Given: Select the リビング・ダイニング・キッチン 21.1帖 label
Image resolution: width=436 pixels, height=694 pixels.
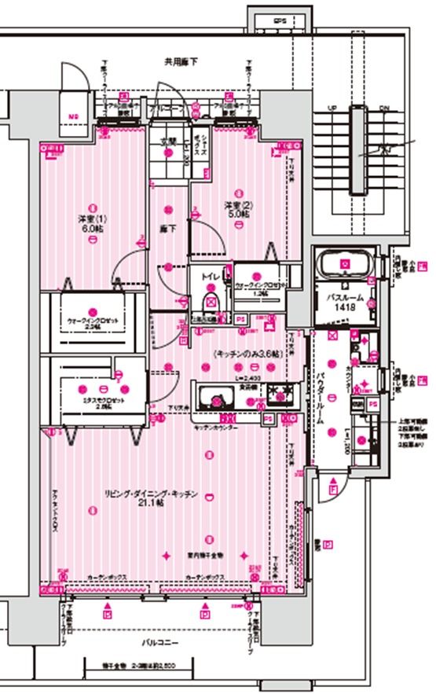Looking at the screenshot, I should pyautogui.click(x=149, y=498).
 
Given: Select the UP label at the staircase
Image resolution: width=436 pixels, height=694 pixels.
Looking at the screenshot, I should pyautogui.click(x=332, y=108).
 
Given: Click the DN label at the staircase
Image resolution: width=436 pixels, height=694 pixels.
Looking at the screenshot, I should pyautogui.click(x=384, y=108).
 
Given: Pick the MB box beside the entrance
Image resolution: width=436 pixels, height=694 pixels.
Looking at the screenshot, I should pyautogui.click(x=73, y=119).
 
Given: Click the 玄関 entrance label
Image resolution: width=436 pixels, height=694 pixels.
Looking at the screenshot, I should pyautogui.click(x=169, y=142).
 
